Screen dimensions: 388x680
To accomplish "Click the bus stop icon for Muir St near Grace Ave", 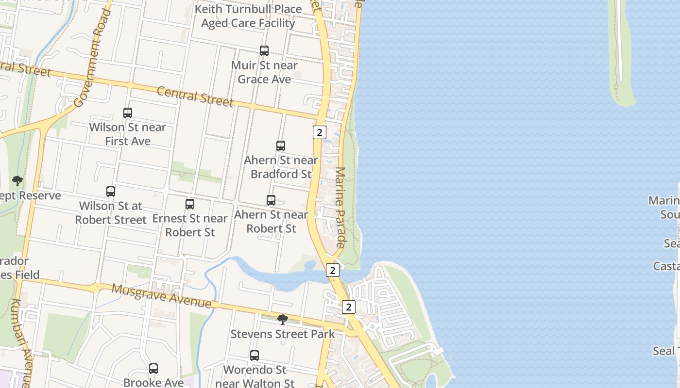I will click(x=264, y=51).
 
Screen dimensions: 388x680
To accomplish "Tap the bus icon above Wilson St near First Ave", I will click(x=128, y=113).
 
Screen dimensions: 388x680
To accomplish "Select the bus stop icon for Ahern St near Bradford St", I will click(x=281, y=146).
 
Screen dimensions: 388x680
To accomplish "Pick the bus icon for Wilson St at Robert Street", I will click(x=111, y=192).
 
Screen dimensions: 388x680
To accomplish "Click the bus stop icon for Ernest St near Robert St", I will click(x=190, y=204).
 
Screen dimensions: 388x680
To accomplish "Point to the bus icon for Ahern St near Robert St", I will click(x=271, y=200).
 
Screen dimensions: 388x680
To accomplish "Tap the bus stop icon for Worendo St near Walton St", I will click(x=255, y=356).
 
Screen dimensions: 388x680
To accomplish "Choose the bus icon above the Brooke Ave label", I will click(x=153, y=369).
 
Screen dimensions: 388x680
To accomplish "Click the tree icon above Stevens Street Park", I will click(x=282, y=320).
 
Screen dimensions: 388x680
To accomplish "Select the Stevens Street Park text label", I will click(x=283, y=334).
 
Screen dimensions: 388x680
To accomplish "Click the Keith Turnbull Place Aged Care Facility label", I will click(x=248, y=16).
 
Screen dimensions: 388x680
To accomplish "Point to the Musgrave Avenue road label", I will click(x=162, y=296).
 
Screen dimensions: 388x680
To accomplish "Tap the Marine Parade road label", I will click(x=340, y=208).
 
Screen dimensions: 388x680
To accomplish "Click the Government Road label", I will click(x=92, y=58).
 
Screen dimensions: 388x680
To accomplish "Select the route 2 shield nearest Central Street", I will click(x=319, y=132).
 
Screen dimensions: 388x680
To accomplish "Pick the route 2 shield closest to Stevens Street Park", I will click(x=349, y=307).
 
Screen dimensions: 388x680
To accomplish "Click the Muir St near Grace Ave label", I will click(x=264, y=72).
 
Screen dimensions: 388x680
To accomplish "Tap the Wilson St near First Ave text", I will click(x=128, y=134).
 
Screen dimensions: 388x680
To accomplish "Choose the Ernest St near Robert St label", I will click(x=190, y=226).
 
